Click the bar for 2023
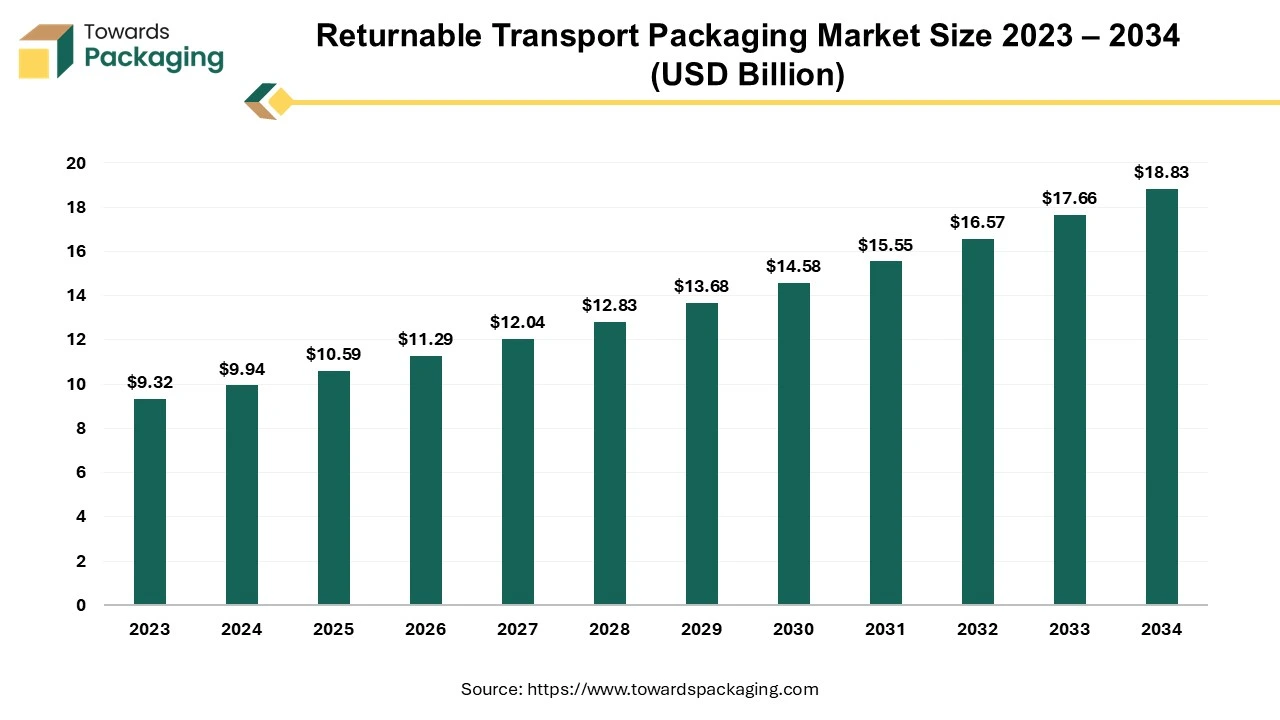(150, 502)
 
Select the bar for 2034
(1162, 397)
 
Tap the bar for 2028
(610, 463)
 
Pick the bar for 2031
(886, 433)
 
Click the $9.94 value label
(241, 370)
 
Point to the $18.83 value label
(1161, 173)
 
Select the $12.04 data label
(517, 322)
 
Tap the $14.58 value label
(793, 266)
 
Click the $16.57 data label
(977, 222)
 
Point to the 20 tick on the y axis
(76, 163)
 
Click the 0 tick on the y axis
(81, 605)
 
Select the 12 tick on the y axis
(76, 340)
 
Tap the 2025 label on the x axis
(333, 630)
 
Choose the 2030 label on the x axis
(793, 630)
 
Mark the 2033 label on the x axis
(1069, 630)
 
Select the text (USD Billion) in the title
(747, 75)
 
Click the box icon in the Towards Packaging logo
(46, 50)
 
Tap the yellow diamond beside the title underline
(281, 102)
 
